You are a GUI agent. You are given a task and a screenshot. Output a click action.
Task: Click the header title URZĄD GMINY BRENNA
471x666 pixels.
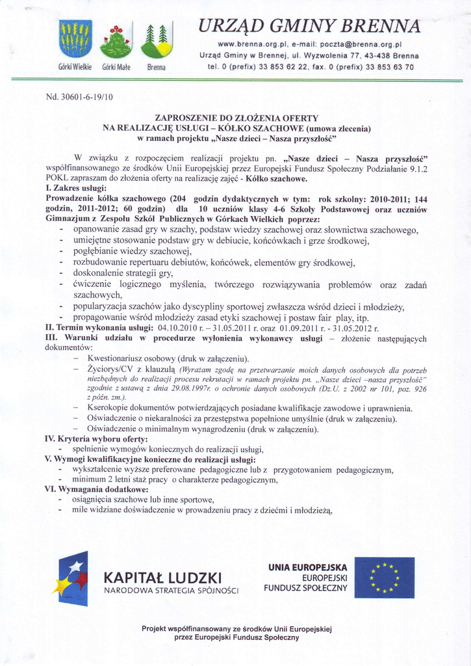point(309,26)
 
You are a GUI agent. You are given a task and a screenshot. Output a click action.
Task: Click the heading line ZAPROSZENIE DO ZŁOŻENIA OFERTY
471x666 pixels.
point(236,118)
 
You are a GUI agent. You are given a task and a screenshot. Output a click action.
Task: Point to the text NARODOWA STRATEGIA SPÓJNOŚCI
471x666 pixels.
point(171,591)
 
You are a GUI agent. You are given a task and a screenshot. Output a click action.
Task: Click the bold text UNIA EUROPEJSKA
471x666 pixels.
point(307,567)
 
